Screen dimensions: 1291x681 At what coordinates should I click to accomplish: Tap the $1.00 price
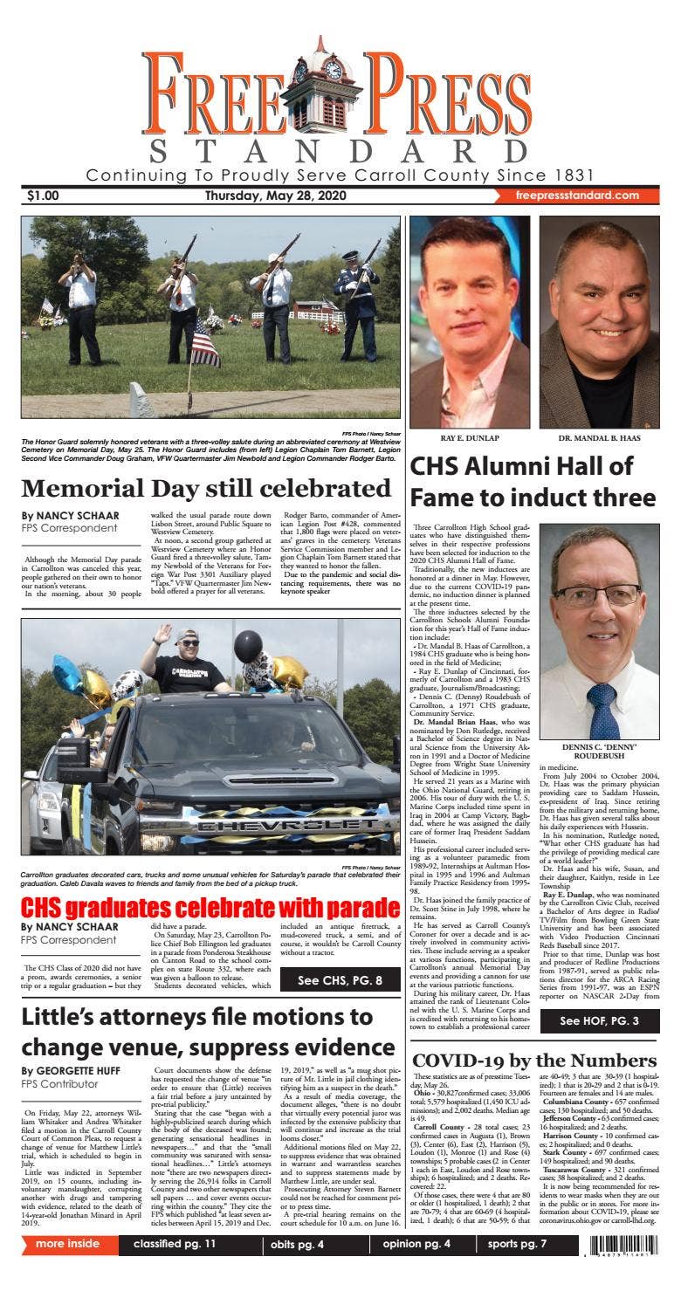(x=43, y=196)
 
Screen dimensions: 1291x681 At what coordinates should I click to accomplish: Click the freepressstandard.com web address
(x=577, y=196)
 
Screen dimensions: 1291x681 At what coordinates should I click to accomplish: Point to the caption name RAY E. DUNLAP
(x=469, y=437)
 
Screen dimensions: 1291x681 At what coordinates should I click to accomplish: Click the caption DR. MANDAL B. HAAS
(x=599, y=437)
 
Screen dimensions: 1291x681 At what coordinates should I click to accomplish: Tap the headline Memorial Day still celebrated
(x=206, y=489)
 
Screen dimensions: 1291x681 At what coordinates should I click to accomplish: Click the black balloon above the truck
(x=248, y=646)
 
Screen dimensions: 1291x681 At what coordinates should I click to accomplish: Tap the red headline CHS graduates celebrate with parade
(x=210, y=907)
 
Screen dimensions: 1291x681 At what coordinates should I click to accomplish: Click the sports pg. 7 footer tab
(x=516, y=1244)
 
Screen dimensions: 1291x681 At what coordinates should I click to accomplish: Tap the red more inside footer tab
(x=68, y=1244)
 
